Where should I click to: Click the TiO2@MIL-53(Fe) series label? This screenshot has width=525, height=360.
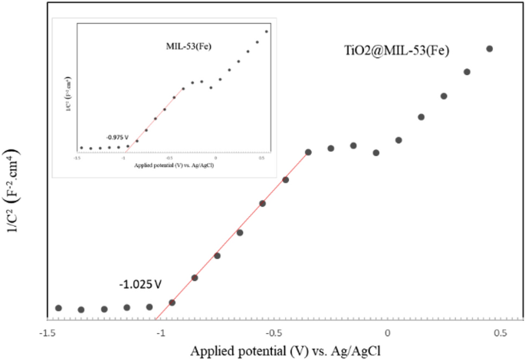pyautogui.click(x=395, y=51)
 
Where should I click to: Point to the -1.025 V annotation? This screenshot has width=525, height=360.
pyautogui.click(x=140, y=285)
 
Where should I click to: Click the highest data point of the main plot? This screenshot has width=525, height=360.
pyautogui.click(x=489, y=49)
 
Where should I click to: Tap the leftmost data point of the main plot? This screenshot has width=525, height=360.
pyautogui.click(x=58, y=308)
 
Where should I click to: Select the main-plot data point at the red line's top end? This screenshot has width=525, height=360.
pyautogui.click(x=308, y=152)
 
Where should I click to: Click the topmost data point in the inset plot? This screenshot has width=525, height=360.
pyautogui.click(x=267, y=31)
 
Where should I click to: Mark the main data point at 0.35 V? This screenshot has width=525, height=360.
pyautogui.click(x=466, y=72)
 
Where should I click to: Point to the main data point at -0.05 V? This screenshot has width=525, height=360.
pyautogui.click(x=376, y=152)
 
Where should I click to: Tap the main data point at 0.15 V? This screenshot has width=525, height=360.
pyautogui.click(x=421, y=116)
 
